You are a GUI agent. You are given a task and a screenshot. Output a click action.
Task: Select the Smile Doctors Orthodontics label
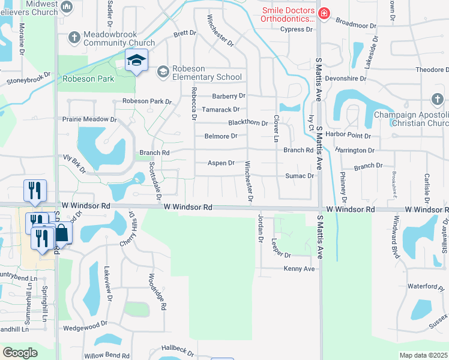[x=288, y=14]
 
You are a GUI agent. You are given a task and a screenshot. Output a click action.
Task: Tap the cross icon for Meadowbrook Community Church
[x=74, y=38]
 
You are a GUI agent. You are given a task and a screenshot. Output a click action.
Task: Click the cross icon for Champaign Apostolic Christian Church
[x=437, y=99]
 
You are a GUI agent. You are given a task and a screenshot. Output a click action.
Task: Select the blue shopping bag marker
[x=61, y=232]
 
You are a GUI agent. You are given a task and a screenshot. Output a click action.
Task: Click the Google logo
[x=20, y=352]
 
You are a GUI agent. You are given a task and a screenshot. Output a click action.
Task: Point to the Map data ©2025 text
[x=423, y=355]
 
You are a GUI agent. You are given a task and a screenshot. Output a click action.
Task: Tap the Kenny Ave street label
[x=299, y=269]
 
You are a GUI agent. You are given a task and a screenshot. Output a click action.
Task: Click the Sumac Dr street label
[x=299, y=176]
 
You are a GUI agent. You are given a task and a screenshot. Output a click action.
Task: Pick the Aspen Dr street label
[x=220, y=163]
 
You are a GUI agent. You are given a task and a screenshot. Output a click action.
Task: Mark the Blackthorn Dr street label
[x=247, y=122]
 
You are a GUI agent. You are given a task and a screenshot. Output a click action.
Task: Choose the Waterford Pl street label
[x=424, y=287]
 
